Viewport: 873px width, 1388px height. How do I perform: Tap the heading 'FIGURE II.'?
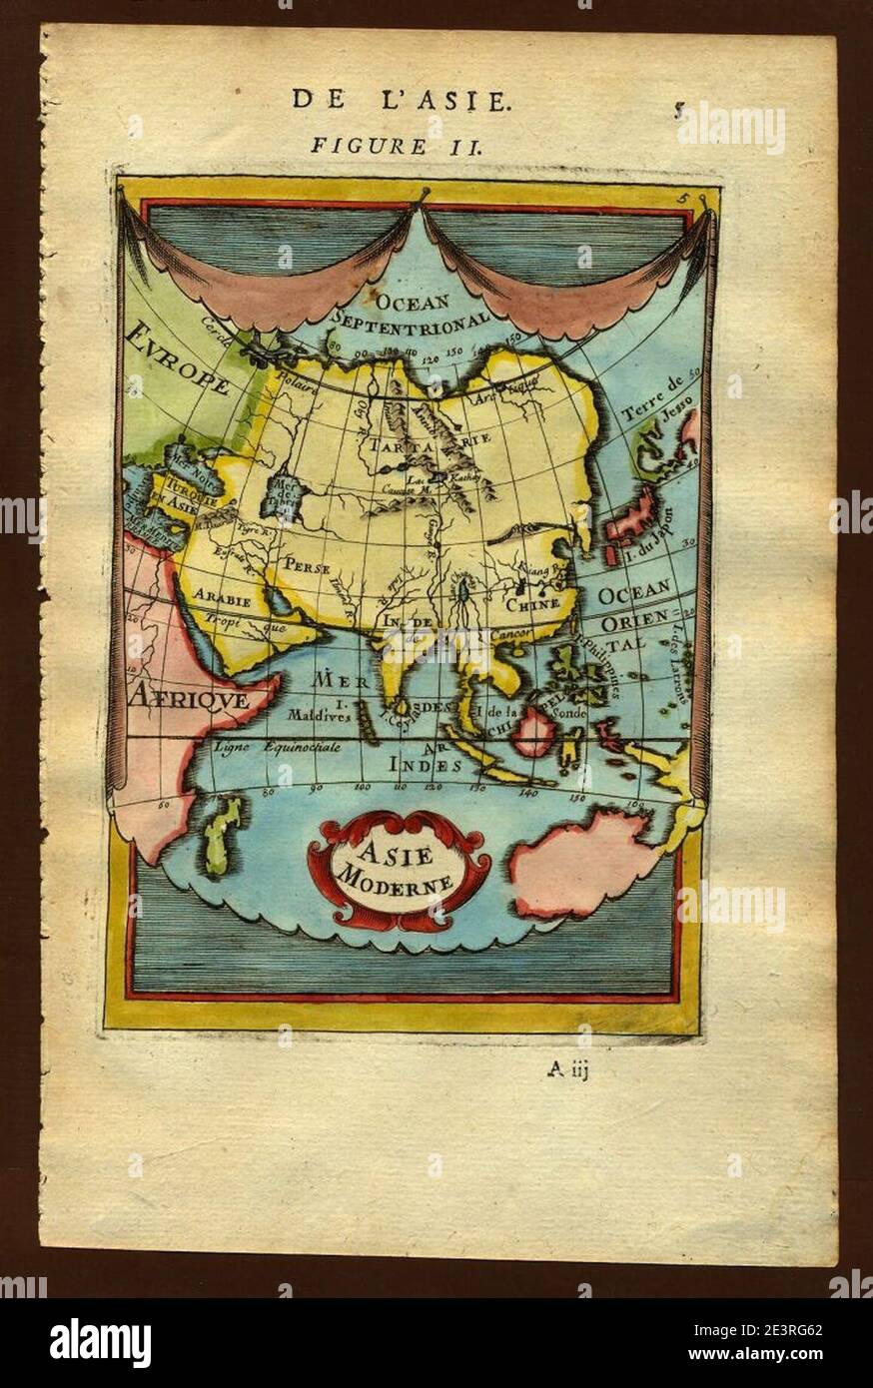coord(397,146)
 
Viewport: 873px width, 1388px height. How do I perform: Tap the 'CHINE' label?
coord(531,604)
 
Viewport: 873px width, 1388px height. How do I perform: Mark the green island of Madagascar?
coord(223,835)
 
